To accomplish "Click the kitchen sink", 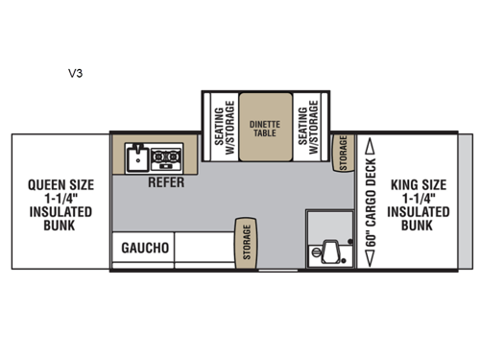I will pos(134,157).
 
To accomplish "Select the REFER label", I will pos(165,180).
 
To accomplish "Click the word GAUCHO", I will pos(145,248).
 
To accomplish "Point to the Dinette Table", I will pos(263,127).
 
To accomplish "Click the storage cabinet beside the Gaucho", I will pos(246,241).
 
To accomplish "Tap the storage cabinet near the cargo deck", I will pos(342,154).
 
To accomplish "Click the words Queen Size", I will pos(60,183).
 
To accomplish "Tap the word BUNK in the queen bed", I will pos(60,225).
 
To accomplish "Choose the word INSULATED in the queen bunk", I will pos(60,211).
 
